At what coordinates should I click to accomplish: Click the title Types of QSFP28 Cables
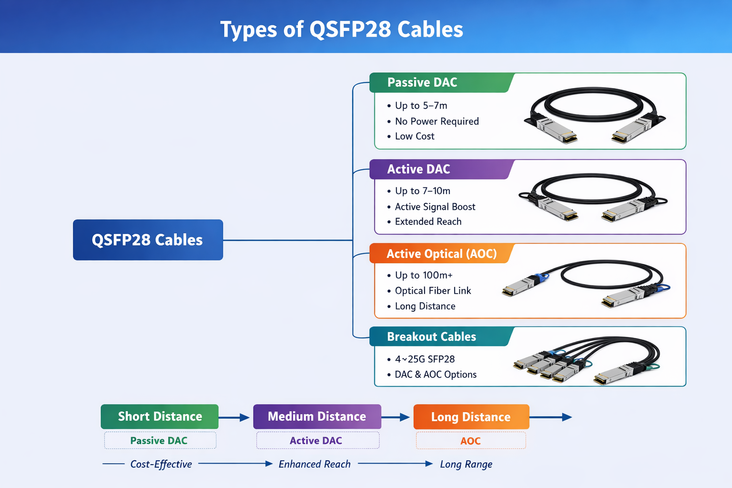click(341, 30)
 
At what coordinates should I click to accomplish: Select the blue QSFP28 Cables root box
click(148, 240)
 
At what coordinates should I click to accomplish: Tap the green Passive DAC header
click(422, 82)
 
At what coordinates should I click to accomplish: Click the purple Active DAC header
click(418, 169)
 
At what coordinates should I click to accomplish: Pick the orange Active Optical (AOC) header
click(441, 254)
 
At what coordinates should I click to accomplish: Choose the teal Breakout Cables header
click(431, 336)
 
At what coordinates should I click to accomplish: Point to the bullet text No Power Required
click(437, 122)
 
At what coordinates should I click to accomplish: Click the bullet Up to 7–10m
click(422, 191)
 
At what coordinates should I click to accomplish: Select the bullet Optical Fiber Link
click(433, 291)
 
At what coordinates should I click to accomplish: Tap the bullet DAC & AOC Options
click(435, 375)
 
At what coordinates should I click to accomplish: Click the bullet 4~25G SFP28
click(425, 359)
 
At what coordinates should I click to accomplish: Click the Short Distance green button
click(160, 417)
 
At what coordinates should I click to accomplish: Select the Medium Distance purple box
click(317, 417)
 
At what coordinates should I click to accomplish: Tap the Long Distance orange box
click(471, 417)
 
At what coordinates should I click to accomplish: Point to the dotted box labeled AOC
click(470, 441)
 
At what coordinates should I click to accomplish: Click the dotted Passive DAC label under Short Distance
click(159, 441)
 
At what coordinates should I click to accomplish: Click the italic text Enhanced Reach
click(315, 464)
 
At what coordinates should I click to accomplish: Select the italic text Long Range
click(466, 464)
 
